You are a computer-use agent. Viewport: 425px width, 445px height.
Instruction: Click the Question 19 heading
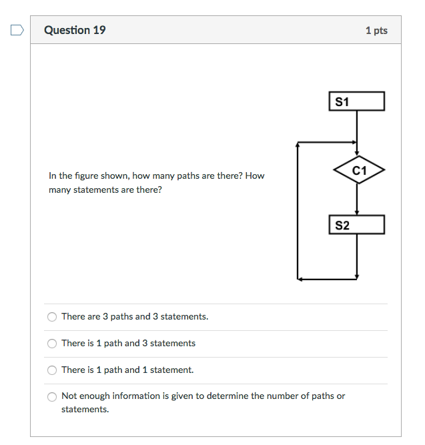pos(75,30)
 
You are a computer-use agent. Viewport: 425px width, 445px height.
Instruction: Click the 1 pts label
pos(376,31)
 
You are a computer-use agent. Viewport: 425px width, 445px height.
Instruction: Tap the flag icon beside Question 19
pos(17,30)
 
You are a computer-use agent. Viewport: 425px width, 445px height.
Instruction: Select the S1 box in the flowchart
pos(357,101)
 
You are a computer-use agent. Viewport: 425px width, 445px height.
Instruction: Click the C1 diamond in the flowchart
pos(359,170)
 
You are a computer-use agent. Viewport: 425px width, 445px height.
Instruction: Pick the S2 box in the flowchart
pos(357,225)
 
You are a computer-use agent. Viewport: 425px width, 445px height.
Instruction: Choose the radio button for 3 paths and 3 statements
pos(52,317)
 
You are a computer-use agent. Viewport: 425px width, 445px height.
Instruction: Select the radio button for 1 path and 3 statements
pos(52,344)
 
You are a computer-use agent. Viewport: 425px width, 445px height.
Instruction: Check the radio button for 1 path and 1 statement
pos(52,370)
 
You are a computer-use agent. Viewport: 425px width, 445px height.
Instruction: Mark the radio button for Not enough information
pos(52,396)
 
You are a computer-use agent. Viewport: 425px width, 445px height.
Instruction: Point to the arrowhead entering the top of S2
pos(357,211)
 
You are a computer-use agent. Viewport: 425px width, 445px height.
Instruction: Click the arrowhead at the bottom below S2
pos(357,276)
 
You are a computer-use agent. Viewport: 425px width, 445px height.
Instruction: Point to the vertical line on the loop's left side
pos(298,210)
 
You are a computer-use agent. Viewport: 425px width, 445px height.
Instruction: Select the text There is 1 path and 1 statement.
pos(127,370)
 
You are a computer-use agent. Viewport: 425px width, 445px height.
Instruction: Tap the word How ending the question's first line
pos(255,176)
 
